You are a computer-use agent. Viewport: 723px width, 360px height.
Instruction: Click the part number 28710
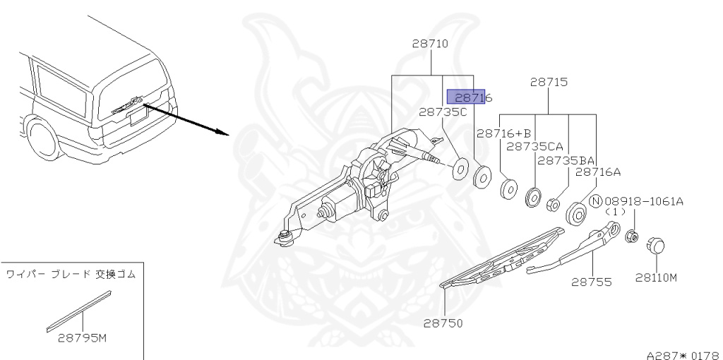[430, 44]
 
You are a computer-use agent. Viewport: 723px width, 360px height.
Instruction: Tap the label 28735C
[443, 112]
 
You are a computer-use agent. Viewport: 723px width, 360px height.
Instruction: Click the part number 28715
[549, 83]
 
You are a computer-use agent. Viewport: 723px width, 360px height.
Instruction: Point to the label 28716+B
[503, 133]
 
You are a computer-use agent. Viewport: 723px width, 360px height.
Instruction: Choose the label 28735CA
[534, 146]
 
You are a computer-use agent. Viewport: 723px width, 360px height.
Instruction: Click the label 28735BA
[566, 160]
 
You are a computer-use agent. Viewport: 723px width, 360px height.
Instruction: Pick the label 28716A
[598, 172]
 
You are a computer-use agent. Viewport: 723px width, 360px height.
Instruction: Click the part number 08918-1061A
[644, 201]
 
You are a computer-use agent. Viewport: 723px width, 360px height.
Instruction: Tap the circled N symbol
[595, 200]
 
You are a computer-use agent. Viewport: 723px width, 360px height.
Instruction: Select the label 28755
[592, 282]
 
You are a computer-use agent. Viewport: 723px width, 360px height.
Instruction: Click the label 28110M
[656, 277]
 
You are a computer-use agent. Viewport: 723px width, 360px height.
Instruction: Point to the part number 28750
[443, 323]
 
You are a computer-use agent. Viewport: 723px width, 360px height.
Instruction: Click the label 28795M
[83, 337]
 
